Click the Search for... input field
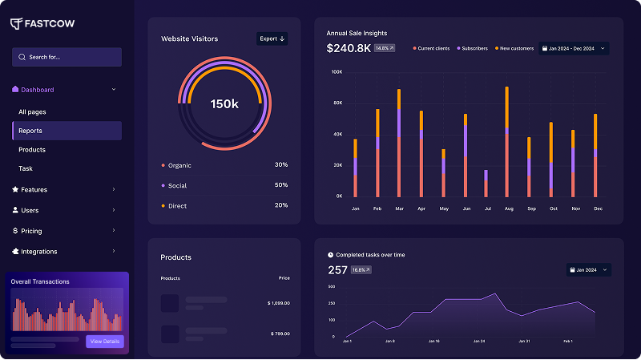pos(67,57)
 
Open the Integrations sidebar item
pos(38,252)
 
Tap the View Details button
pos(105,342)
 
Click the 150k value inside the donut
pos(224,104)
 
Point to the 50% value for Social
pos(280,185)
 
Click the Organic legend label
pos(179,165)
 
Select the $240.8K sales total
pos(349,48)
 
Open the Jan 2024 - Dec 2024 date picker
pos(574,48)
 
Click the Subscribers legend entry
pos(474,48)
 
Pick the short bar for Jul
pos(486,184)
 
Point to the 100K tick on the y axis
pos(337,72)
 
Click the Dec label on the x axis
pos(597,208)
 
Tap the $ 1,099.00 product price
pos(278,303)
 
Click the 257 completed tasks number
pos(337,270)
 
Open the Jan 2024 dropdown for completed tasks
pos(588,270)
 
